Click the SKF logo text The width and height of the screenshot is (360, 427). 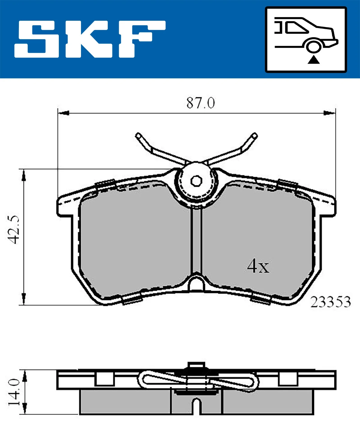(x=90, y=39)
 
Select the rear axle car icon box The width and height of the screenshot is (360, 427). (x=306, y=40)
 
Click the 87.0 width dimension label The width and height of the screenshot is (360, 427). (x=200, y=103)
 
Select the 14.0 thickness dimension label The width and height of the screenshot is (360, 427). (x=14, y=392)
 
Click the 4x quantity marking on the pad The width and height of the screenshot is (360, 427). (x=258, y=266)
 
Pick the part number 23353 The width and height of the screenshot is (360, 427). (x=330, y=302)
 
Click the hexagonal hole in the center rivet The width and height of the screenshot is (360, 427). (x=196, y=181)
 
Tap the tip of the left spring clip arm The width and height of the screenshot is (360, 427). (x=138, y=136)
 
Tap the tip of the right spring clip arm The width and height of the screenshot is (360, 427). (x=254, y=135)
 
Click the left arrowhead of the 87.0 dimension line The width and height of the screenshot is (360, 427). (x=63, y=113)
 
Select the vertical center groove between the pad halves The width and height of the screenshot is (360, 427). (x=196, y=240)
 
